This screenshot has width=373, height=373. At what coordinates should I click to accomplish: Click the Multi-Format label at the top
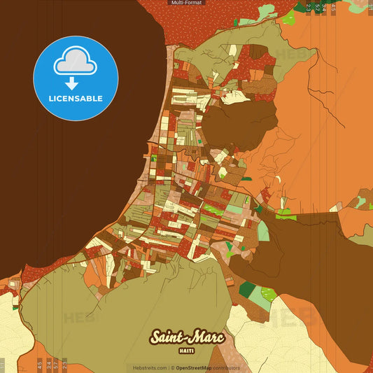tap(186, 3)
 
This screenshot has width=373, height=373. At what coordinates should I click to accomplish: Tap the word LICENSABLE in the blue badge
tap(76, 99)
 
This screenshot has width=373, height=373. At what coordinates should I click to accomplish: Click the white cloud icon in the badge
tap(76, 64)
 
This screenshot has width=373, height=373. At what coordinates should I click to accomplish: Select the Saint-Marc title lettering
tap(186, 337)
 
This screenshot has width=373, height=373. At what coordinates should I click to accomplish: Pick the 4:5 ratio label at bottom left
tap(39, 364)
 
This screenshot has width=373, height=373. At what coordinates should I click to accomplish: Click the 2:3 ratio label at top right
tap(308, 8)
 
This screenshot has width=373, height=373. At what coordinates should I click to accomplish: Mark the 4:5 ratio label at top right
tap(333, 8)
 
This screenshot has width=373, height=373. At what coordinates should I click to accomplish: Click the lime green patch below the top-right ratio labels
tap(267, 12)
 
